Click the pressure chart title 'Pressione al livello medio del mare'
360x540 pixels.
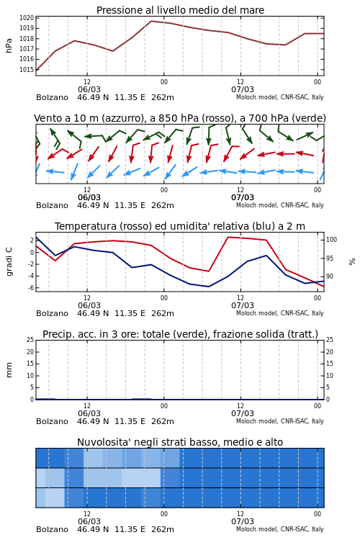pos(180,10)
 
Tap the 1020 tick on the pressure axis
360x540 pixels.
pos(27,18)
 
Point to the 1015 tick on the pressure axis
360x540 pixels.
pos(27,70)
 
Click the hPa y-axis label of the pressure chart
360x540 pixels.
pos(9,45)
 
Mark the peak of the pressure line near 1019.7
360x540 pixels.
pos(151,21)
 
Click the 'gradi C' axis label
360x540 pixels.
pos(9,262)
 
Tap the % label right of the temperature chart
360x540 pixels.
pos(352,262)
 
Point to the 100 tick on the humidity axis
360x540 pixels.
pos(332,240)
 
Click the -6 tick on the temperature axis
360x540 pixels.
pos(31,287)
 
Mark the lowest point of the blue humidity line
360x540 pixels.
pos(208,287)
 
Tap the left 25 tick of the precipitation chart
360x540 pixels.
pos(30,340)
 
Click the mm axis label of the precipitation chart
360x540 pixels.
pos(9,370)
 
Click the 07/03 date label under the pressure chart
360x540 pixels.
pos(243,89)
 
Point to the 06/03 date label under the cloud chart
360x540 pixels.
pos(89,521)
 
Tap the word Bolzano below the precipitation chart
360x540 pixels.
pos(52,421)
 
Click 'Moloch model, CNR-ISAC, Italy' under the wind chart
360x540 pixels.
pos(280,205)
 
